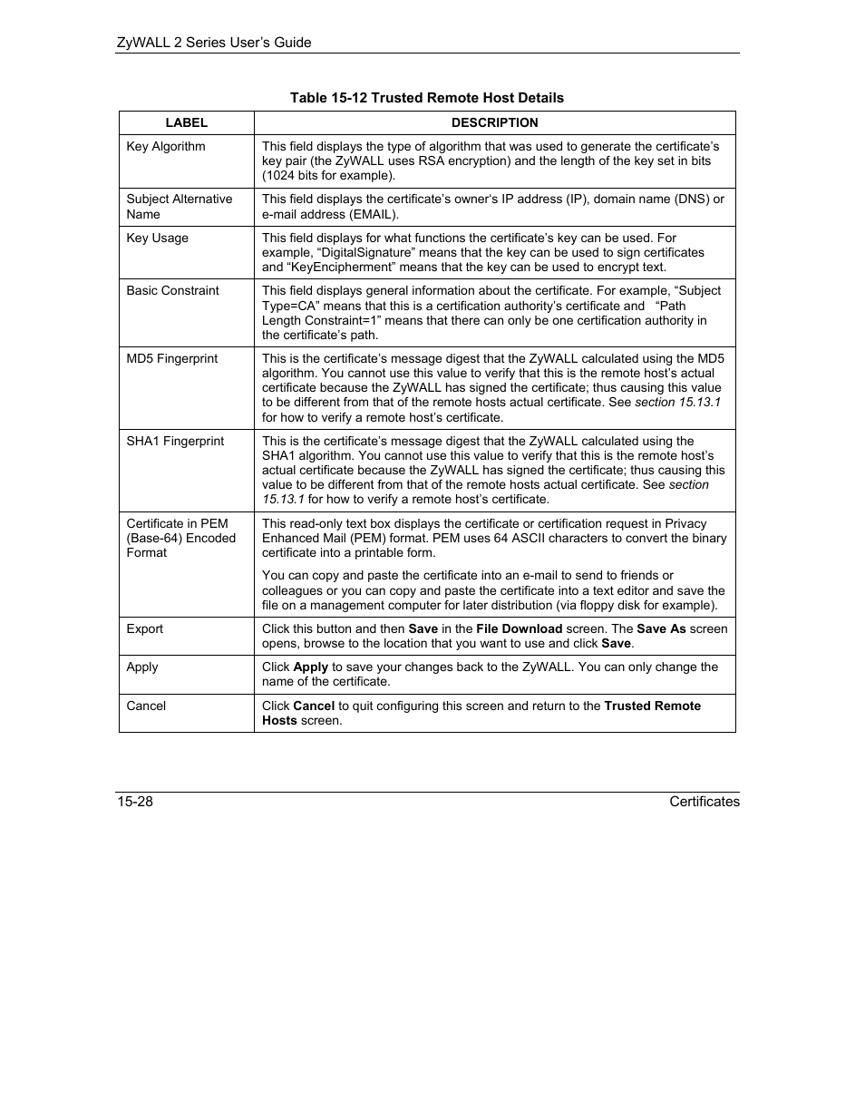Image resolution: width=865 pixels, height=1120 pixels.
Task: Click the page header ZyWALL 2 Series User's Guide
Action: click(x=214, y=43)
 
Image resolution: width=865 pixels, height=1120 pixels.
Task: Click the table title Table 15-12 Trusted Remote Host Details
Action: click(x=426, y=98)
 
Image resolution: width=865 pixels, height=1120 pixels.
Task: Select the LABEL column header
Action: click(x=187, y=122)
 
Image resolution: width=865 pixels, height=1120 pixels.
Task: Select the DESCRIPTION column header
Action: click(x=494, y=122)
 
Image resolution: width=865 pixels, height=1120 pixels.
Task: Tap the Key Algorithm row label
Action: click(x=166, y=146)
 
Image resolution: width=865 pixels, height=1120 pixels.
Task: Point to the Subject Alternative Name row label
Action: click(x=179, y=207)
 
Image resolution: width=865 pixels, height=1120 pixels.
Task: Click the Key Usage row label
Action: click(x=158, y=238)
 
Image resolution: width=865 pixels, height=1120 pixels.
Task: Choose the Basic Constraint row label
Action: click(x=172, y=290)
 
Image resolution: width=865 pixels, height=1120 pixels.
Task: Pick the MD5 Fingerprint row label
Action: click(x=172, y=358)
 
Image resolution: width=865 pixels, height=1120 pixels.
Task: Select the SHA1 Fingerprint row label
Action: click(x=175, y=441)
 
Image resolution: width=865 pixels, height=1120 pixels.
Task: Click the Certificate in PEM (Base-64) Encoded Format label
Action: click(x=180, y=538)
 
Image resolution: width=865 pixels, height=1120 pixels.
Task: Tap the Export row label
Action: click(x=145, y=628)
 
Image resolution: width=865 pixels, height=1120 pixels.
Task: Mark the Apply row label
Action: click(x=142, y=667)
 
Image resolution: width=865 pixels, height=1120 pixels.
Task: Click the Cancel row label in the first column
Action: click(x=146, y=706)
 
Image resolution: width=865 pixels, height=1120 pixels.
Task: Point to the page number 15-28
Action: click(x=134, y=802)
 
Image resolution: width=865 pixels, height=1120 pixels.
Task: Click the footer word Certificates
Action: click(x=704, y=802)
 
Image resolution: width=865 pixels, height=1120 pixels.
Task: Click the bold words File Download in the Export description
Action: click(x=519, y=628)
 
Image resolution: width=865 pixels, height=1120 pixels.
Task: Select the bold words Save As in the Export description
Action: click(x=661, y=628)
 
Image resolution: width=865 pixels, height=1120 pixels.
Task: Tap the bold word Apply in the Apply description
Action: click(x=311, y=667)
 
